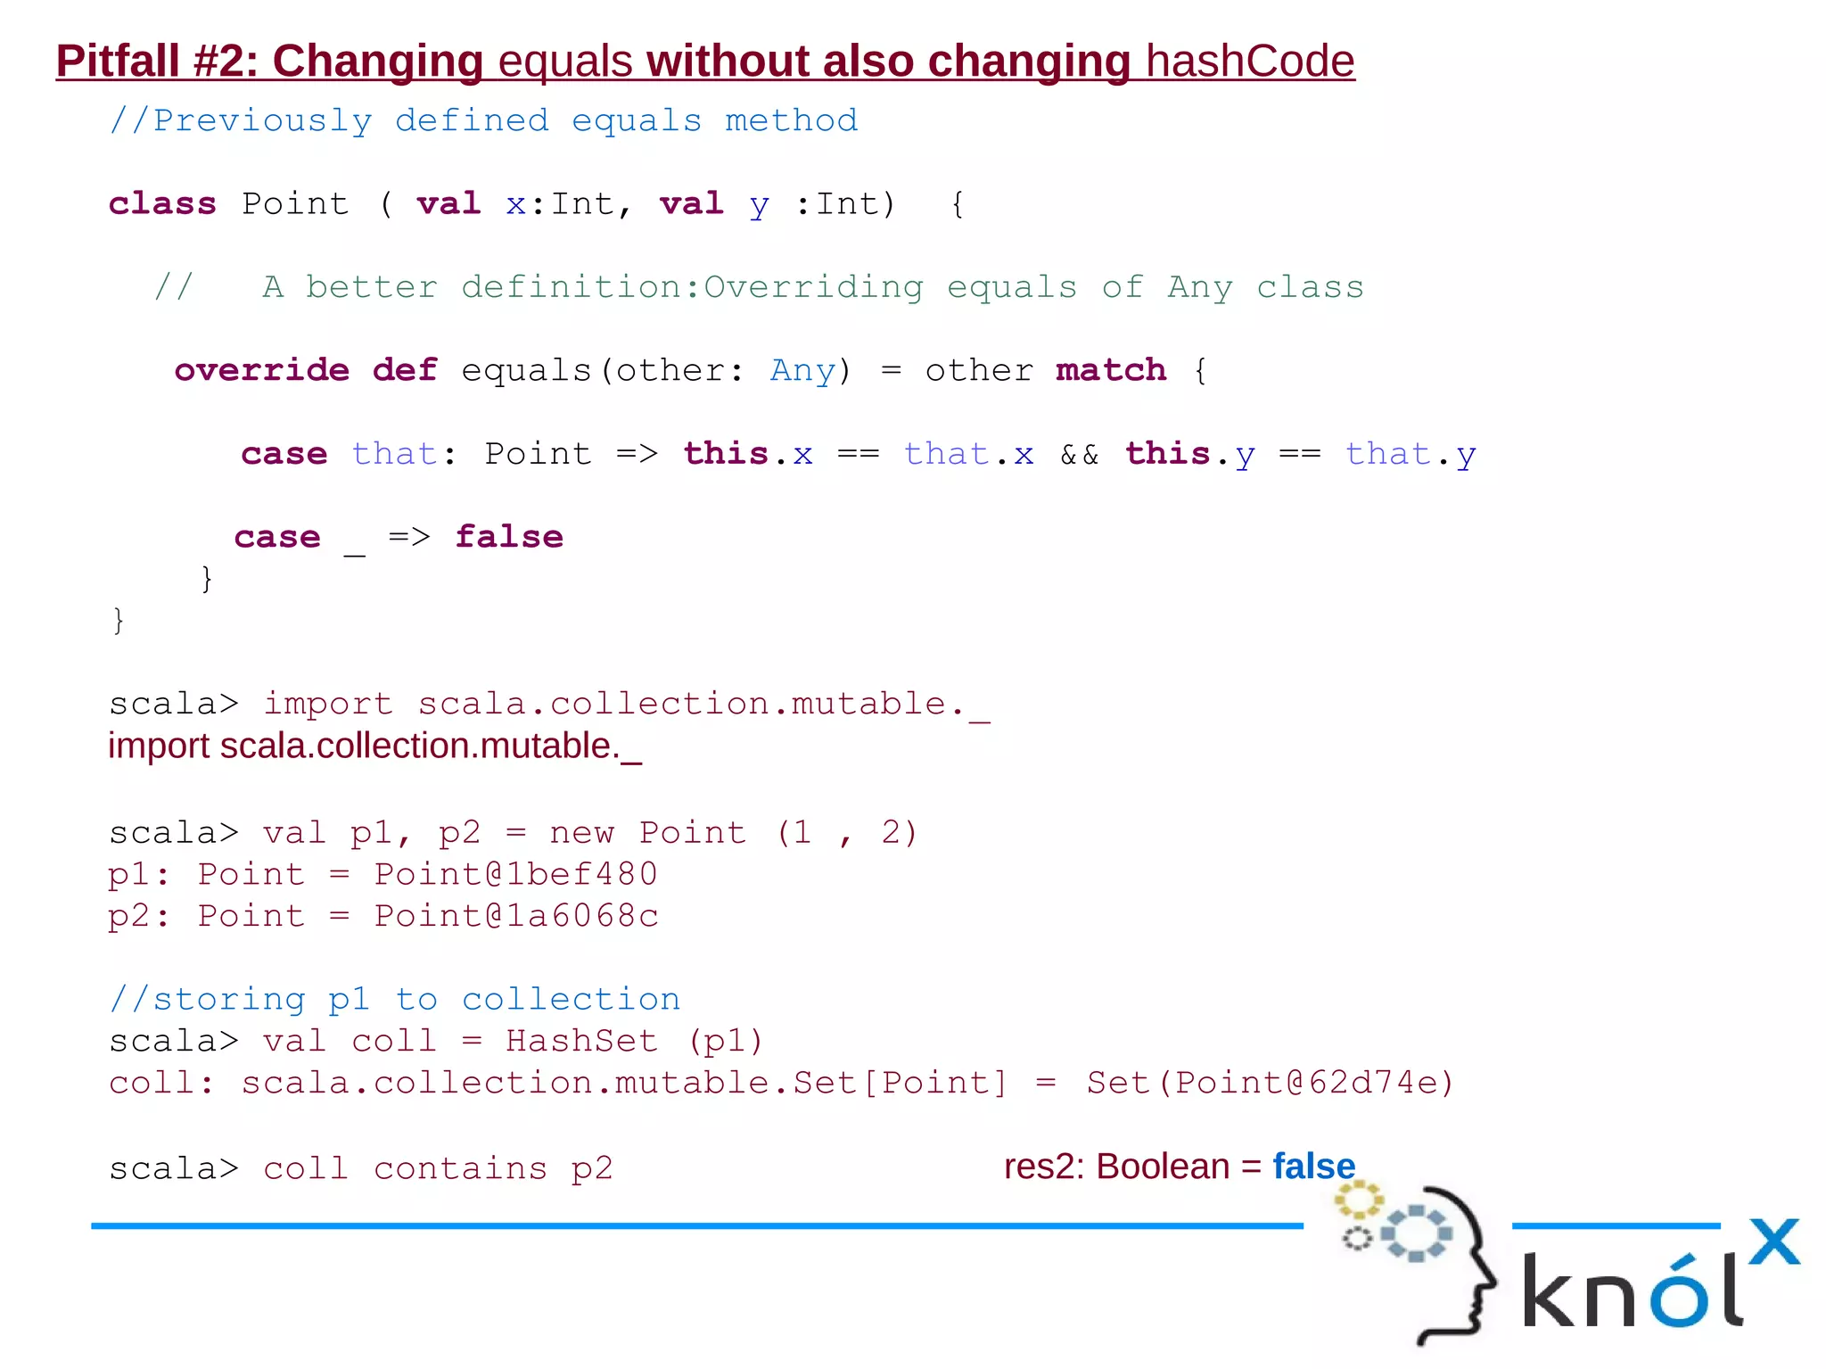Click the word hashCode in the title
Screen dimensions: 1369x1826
tap(1250, 62)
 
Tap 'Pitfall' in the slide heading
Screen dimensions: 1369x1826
tap(118, 62)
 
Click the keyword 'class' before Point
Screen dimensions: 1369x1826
tap(162, 204)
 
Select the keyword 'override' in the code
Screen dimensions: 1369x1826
tap(261, 370)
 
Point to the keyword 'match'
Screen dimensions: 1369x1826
tap(1111, 370)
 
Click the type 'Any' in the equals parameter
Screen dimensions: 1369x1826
tap(802, 370)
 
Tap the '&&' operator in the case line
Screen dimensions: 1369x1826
tap(1079, 455)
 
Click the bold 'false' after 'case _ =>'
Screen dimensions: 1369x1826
tap(509, 537)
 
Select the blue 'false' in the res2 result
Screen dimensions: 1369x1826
tap(1313, 1167)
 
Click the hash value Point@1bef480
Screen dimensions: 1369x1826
tap(515, 875)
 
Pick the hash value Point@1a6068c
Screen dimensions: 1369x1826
tap(515, 917)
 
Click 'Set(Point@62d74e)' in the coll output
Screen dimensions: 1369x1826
tap(1270, 1084)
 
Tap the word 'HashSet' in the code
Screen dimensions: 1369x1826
tap(581, 1042)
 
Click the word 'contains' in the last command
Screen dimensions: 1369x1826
tap(460, 1169)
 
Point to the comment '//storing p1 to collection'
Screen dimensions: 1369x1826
tap(394, 1000)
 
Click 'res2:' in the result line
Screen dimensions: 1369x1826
tap(1043, 1167)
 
